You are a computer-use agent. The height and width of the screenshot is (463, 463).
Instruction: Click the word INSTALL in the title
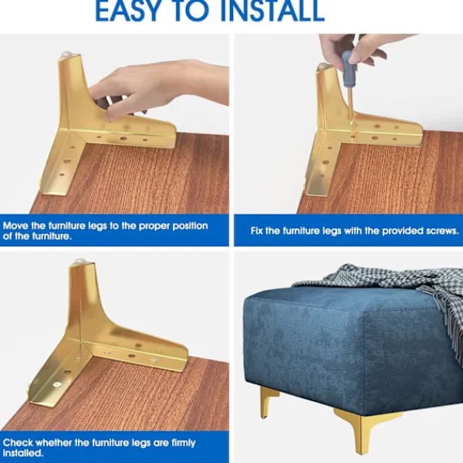[272, 12]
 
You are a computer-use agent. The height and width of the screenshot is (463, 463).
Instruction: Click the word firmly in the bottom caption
[183, 443]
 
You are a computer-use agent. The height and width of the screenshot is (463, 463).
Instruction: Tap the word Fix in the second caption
[257, 231]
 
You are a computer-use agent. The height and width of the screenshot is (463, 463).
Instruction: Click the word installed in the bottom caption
[22, 453]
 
